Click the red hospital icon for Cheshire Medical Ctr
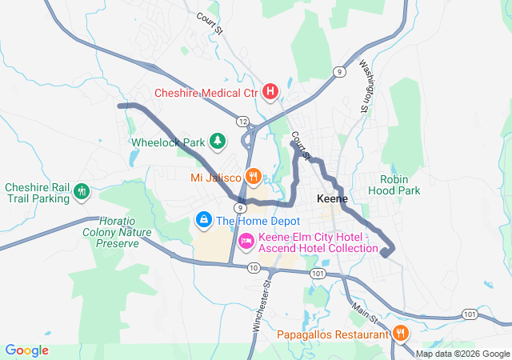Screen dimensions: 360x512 (270, 92)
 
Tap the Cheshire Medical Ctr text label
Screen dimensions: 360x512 (206, 93)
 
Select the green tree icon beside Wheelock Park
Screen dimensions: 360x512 (217, 142)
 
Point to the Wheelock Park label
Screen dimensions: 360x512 (168, 143)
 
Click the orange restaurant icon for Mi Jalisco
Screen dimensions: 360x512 (253, 176)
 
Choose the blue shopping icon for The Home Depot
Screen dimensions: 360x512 (204, 219)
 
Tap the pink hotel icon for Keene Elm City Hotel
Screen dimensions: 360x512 (246, 239)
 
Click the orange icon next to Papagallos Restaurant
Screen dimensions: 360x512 (400, 334)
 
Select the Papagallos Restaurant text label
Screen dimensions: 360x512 (334, 334)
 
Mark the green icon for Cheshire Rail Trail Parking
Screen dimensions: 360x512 (81, 192)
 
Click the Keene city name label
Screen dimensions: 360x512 (333, 198)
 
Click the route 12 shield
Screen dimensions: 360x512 (242, 120)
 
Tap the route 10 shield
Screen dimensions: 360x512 (254, 267)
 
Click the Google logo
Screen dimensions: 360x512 (27, 350)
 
